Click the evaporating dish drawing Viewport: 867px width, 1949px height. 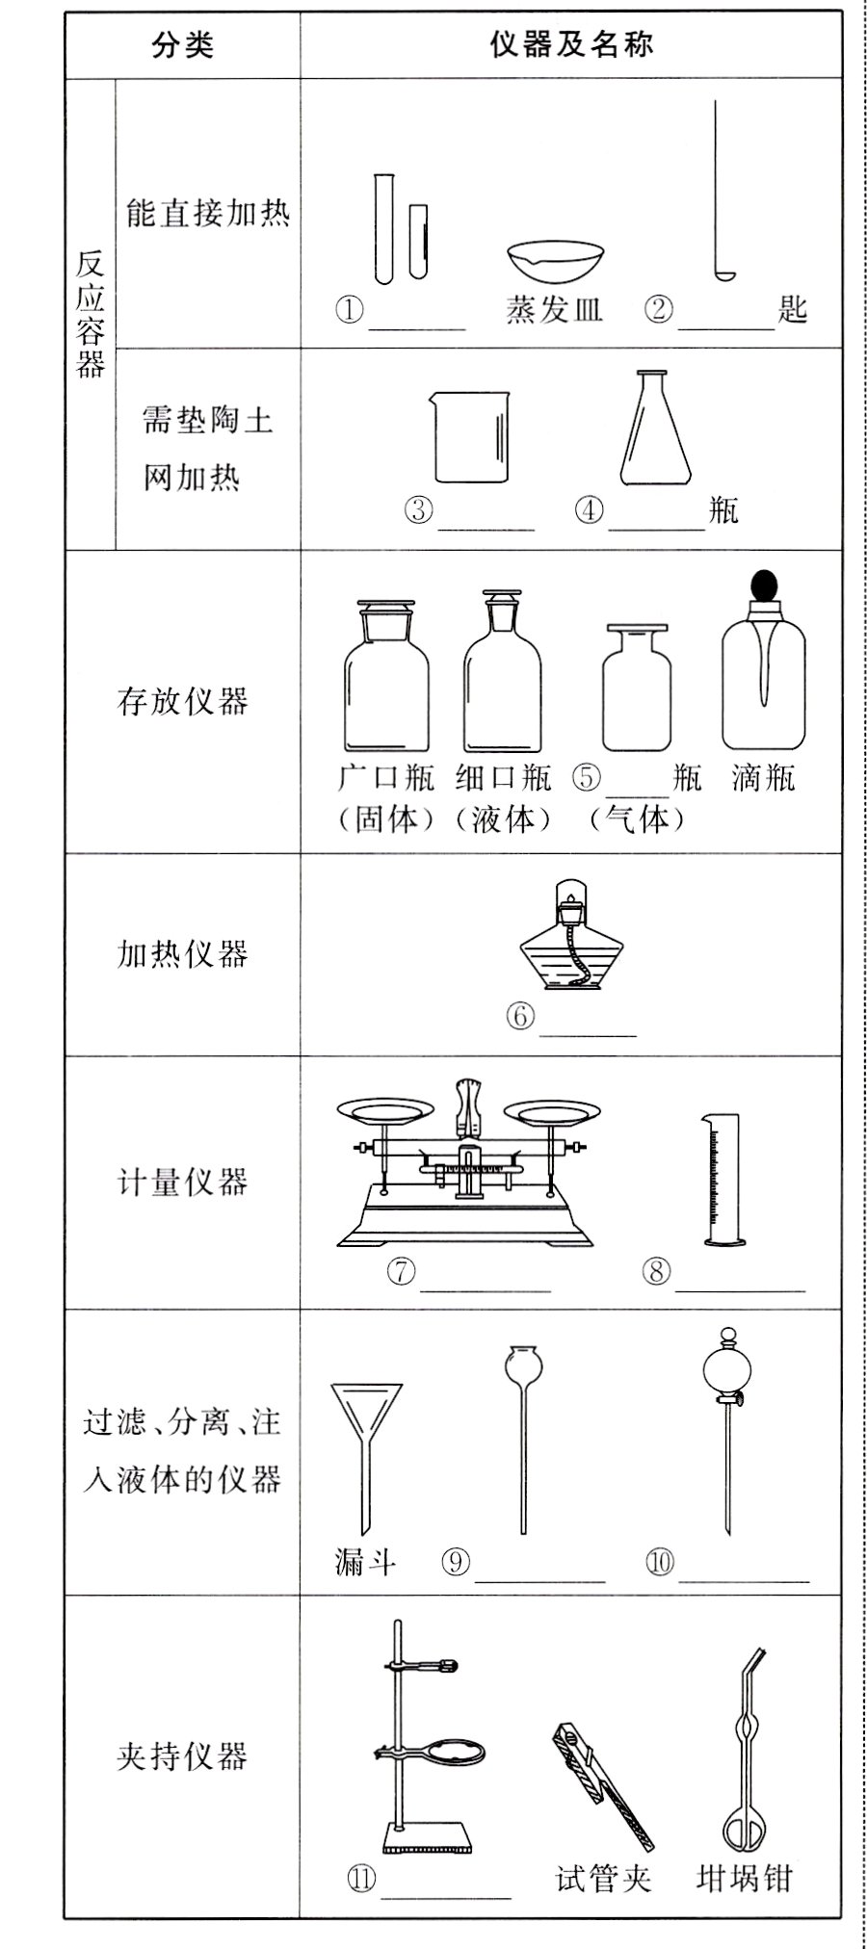point(557,262)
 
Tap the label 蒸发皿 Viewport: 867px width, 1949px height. point(554,310)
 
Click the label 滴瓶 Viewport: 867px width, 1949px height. point(764,777)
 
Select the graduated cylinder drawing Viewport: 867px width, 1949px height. point(722,1180)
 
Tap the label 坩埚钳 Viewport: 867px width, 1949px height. point(744,1877)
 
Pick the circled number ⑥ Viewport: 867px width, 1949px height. point(520,1016)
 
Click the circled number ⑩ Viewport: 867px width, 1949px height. point(660,1562)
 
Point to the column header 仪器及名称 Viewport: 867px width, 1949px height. point(571,44)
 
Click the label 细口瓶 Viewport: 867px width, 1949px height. point(504,777)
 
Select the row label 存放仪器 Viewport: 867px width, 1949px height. point(183,701)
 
